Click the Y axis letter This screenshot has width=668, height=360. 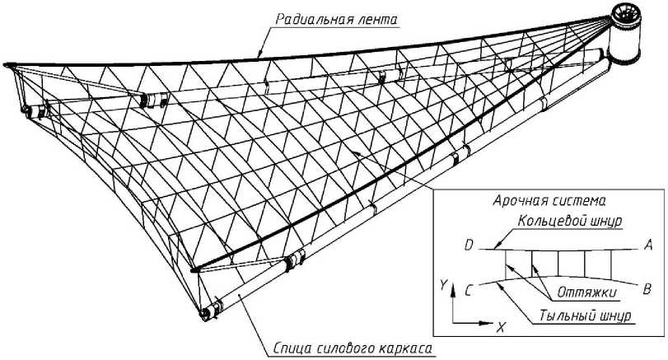[x=444, y=284]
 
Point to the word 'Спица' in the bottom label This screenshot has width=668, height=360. [x=292, y=349]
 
